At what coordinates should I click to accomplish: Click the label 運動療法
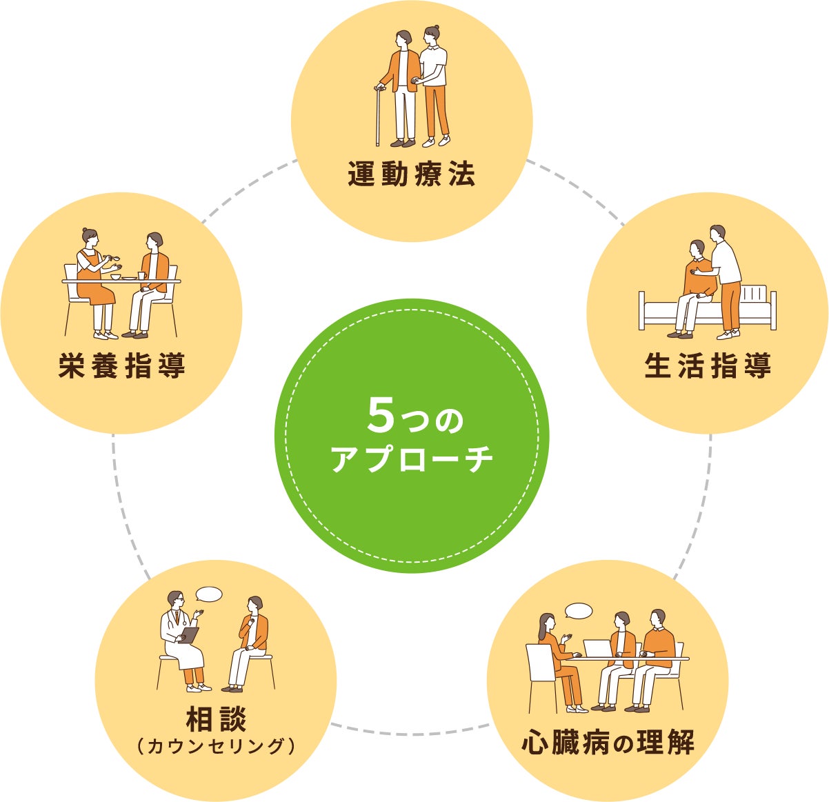coord(411,175)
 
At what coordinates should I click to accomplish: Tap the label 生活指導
coord(707,365)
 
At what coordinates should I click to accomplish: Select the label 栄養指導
coord(122,365)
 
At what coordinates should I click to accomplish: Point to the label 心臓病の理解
coord(608,743)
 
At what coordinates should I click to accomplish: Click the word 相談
coord(216,719)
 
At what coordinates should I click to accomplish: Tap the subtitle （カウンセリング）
coord(216,746)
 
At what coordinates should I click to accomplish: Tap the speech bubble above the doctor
coord(209,594)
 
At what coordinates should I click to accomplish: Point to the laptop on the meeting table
coord(597,649)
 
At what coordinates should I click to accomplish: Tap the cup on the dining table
coord(141,276)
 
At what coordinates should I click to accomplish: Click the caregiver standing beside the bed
coord(726,276)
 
